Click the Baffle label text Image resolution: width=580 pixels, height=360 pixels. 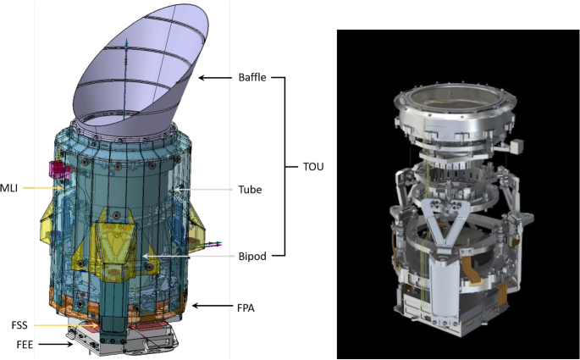(x=253, y=78)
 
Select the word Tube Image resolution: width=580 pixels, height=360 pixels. (x=251, y=191)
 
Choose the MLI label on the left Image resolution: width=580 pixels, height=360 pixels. (x=9, y=187)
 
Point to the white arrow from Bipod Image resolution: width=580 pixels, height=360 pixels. (x=186, y=255)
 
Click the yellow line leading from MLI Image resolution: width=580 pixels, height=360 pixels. (x=38, y=187)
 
